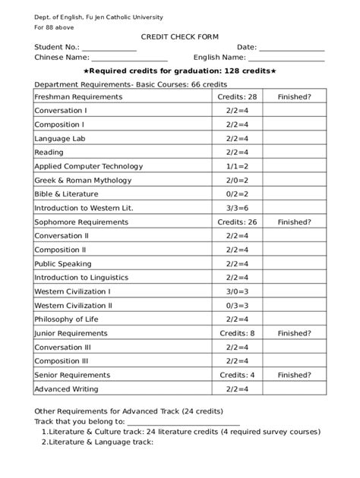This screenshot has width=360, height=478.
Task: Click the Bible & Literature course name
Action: tap(67, 194)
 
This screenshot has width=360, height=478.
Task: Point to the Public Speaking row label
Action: tap(63, 264)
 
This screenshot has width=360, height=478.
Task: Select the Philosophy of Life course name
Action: tap(67, 319)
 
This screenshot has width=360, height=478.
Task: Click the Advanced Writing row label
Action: tap(67, 388)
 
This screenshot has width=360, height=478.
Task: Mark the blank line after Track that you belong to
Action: tap(183, 423)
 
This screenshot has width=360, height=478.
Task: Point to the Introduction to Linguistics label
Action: tap(78, 278)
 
